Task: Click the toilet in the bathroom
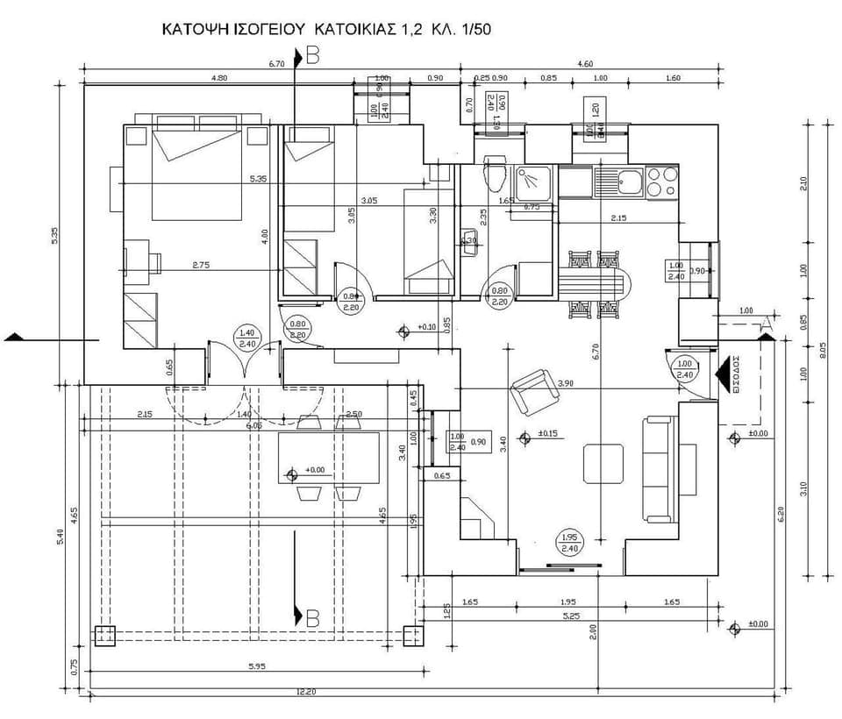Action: coord(495,174)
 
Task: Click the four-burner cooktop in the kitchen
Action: coord(662,182)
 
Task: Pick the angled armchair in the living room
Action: coord(535,392)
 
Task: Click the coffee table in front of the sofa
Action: coord(603,463)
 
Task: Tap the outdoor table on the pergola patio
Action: coord(328,457)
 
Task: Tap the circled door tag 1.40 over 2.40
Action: coord(246,338)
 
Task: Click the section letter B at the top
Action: coord(313,58)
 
